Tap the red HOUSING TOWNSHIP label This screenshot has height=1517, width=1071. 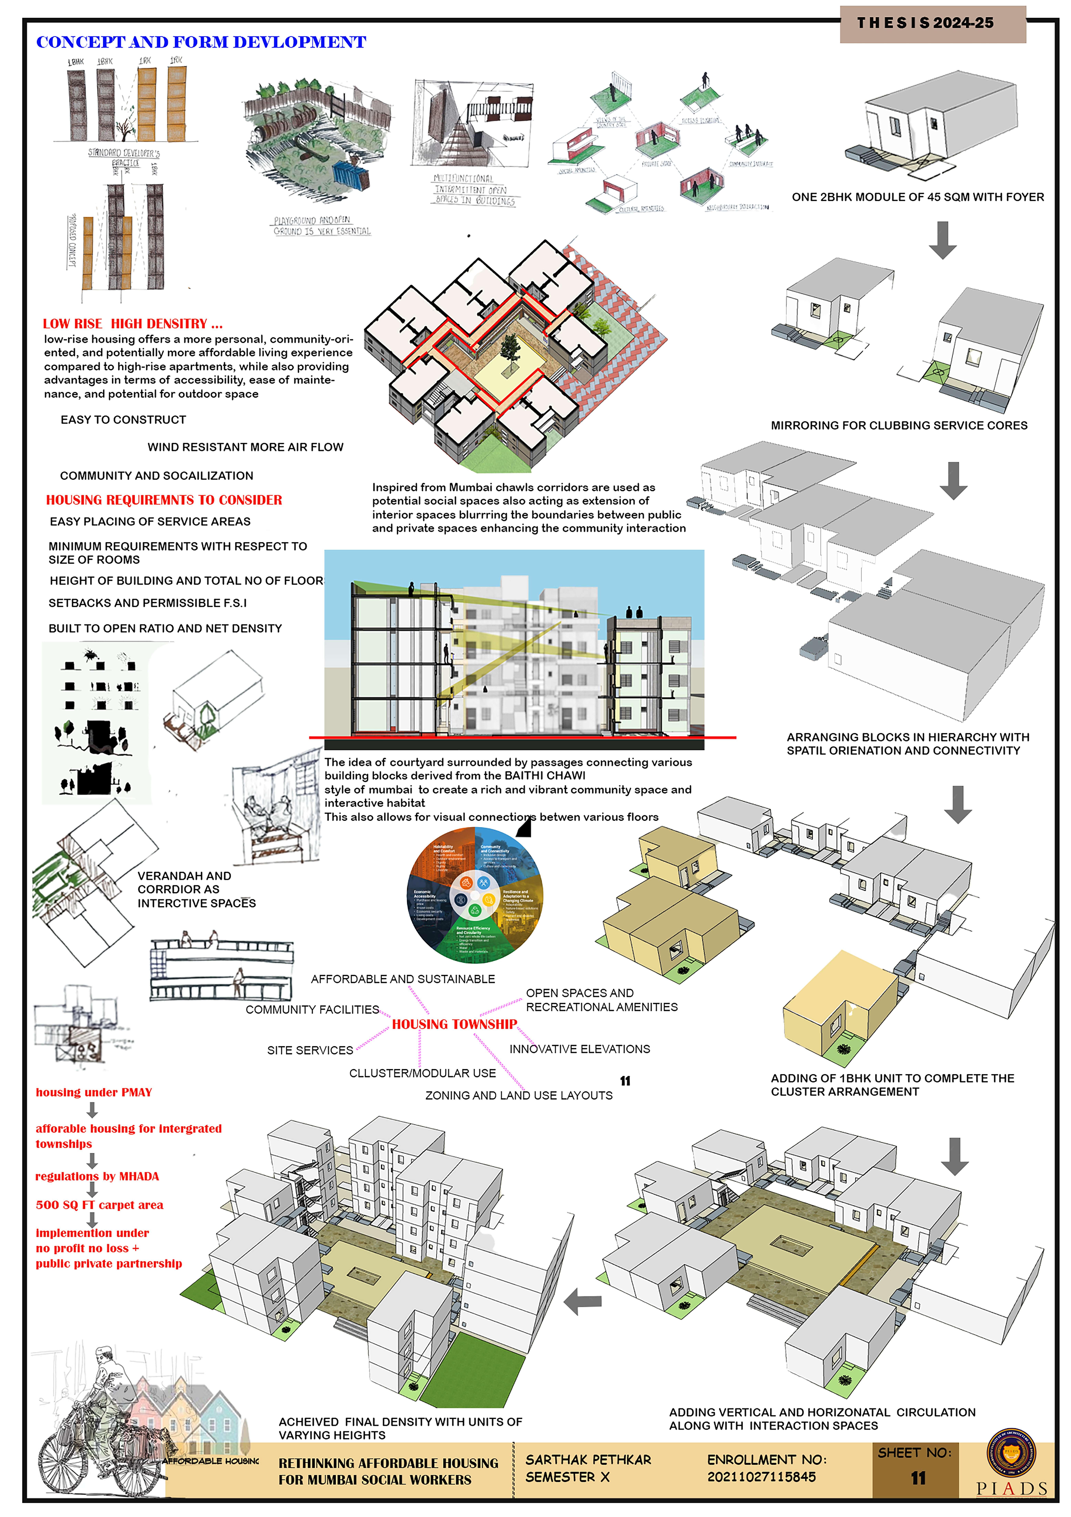[454, 1024]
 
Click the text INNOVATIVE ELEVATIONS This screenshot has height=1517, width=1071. [579, 1049]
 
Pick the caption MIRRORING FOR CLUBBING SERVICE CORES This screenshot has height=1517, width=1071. [899, 426]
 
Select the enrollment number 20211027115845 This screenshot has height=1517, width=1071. [761, 1477]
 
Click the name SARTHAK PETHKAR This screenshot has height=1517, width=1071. [588, 1459]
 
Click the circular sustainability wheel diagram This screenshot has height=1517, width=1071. [475, 895]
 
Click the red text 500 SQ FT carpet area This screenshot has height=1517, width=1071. [99, 1205]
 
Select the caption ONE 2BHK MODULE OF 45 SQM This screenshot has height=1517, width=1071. [918, 197]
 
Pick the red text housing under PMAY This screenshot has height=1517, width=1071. [94, 1092]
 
